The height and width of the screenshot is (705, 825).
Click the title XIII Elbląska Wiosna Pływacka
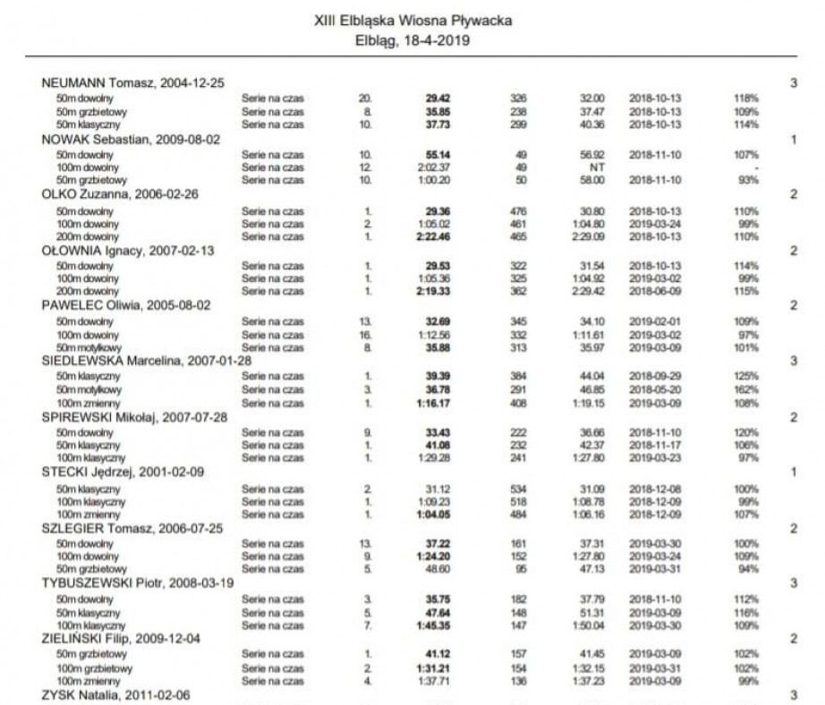pos(413,19)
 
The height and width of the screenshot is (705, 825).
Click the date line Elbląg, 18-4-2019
pos(413,39)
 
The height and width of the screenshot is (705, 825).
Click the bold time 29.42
pos(437,98)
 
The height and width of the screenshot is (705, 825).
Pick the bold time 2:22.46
pos(434,237)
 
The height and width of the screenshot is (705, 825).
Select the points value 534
pos(517,488)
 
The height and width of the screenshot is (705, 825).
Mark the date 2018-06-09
pos(655,292)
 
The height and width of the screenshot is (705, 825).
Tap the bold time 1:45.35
pos(434,626)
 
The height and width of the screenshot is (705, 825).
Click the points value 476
pos(517,210)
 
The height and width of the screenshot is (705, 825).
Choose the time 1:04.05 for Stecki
pos(434,514)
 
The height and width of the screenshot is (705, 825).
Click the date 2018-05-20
pos(655,390)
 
